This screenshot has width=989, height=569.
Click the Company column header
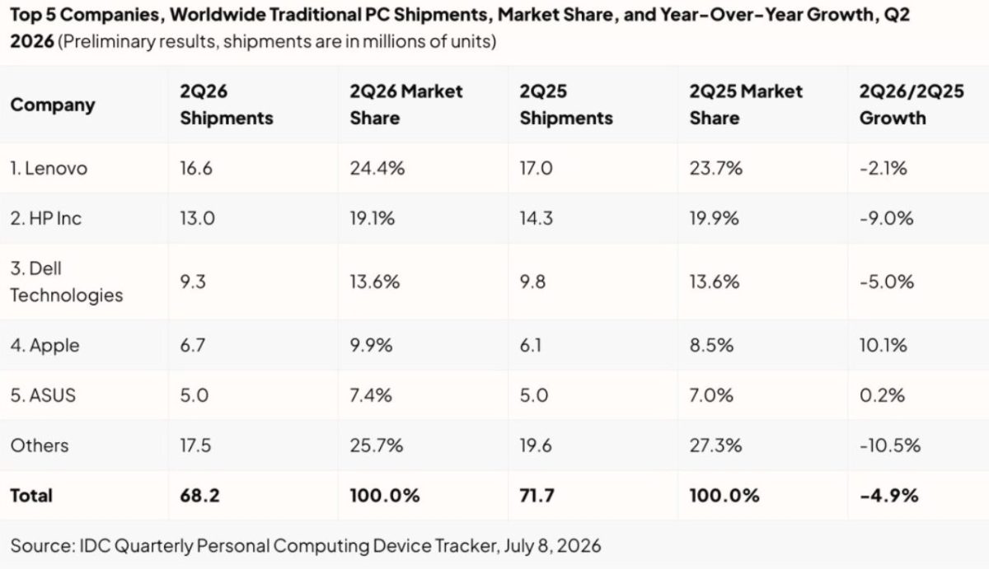pos(53,105)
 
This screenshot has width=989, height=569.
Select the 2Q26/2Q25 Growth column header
pos(912,105)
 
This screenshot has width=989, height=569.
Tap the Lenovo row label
pos(49,169)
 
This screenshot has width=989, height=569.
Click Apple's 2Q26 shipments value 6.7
pos(193,345)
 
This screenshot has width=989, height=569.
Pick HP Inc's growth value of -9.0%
pos(886,218)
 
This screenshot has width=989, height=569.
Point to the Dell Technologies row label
pos(67,282)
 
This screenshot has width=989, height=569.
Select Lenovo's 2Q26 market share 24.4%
pos(377,169)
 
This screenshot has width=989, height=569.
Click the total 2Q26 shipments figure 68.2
pos(199,496)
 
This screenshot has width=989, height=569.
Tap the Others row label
pos(40,445)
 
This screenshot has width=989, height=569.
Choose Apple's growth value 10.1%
pos(883,345)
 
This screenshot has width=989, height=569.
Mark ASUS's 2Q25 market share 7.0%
pos(711,395)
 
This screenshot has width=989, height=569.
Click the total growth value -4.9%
pos(888,496)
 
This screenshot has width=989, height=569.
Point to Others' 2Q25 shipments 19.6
pos(536,445)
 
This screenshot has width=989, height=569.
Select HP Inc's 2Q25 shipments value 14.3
pos(536,218)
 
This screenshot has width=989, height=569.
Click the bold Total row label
pos(31,496)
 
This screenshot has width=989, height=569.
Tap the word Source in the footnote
pos(42,546)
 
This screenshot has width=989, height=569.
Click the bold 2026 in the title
pos(32,41)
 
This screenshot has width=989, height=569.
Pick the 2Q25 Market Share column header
pos(746,105)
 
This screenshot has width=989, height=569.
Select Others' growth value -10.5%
pos(889,445)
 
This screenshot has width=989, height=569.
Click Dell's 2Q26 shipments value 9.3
pos(193,282)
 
